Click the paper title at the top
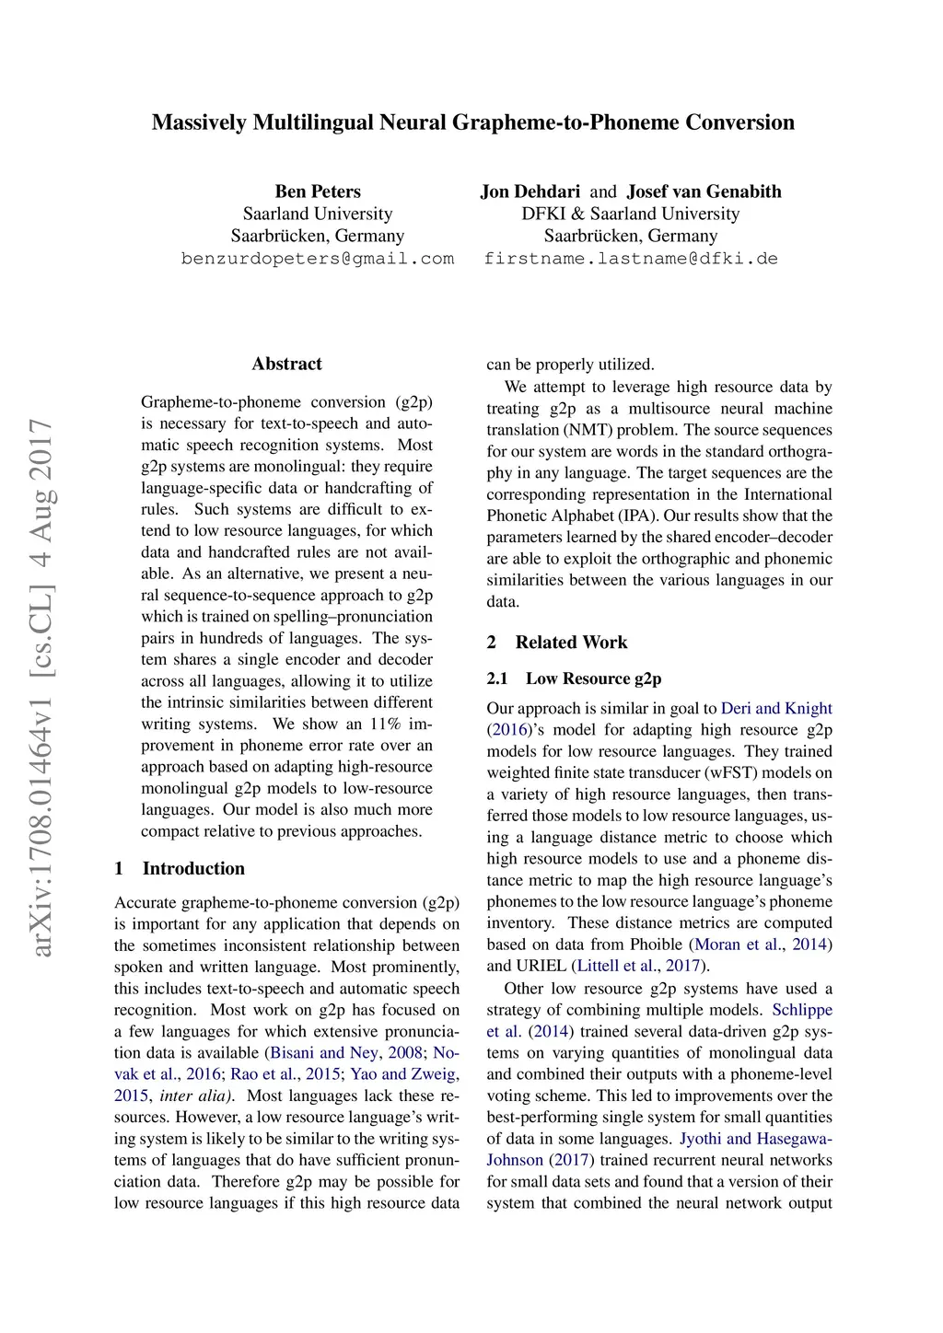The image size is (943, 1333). click(x=472, y=122)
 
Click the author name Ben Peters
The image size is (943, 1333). click(x=318, y=191)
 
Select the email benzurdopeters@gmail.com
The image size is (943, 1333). click(x=318, y=259)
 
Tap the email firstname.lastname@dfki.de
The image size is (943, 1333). click(x=631, y=259)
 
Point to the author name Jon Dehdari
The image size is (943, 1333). click(x=530, y=191)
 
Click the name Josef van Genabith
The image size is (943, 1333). click(x=704, y=191)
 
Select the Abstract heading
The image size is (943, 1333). click(x=286, y=364)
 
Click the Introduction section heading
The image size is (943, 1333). click(x=193, y=868)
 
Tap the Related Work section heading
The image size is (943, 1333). click(x=571, y=643)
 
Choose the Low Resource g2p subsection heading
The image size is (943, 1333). click(x=593, y=678)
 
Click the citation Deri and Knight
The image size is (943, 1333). click(x=776, y=708)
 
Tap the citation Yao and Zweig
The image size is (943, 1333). click(x=404, y=1073)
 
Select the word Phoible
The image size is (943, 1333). click(x=656, y=945)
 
